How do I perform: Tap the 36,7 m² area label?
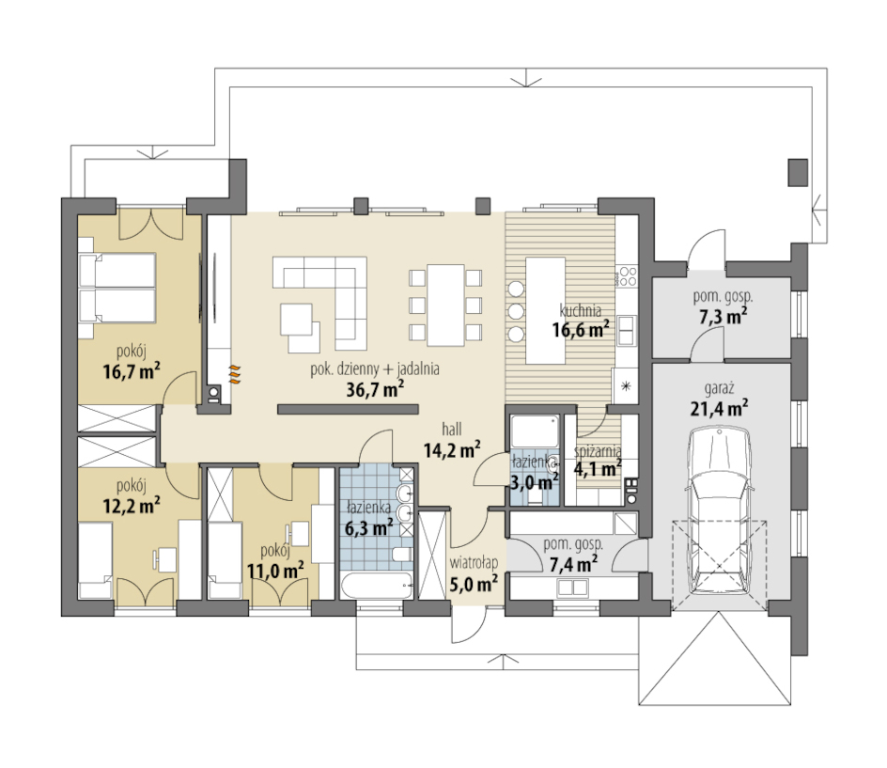point(375,389)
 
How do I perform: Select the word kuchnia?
point(581,310)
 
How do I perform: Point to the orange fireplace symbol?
point(235,375)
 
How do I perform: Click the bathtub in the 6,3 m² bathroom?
point(377,585)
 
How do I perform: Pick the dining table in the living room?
point(445,306)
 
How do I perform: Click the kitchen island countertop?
point(546,310)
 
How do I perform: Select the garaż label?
point(720,389)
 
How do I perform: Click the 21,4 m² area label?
point(719,407)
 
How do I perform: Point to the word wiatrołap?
point(475,562)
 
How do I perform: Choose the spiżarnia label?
point(598,451)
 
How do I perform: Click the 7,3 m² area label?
point(723,316)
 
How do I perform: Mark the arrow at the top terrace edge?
point(526,79)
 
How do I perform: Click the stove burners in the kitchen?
point(628,275)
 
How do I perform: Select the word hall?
point(452,430)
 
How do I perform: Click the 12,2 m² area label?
point(132,504)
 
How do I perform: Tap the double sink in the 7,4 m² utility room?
point(572,588)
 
